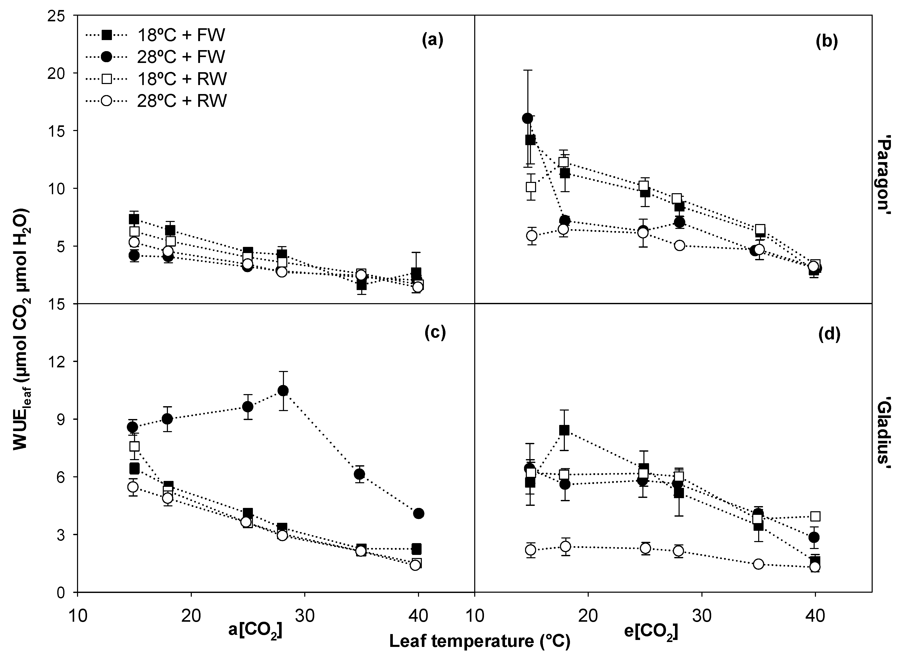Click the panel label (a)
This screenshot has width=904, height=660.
coord(432,41)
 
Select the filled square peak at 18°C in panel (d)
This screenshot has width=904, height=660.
coord(564,430)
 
